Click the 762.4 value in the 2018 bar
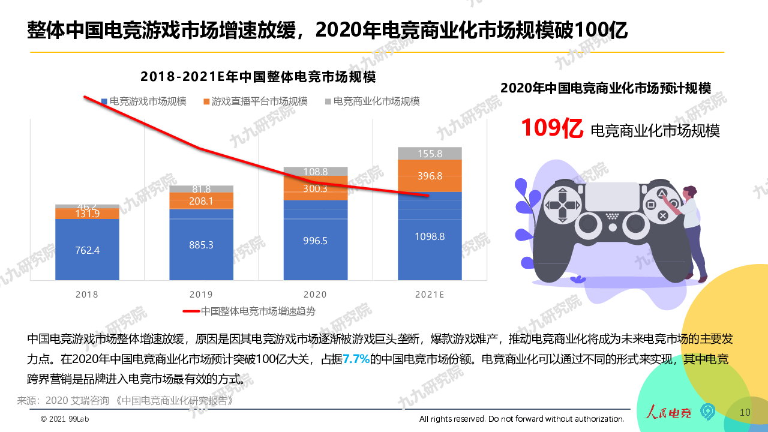point(87,250)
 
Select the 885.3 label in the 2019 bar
point(201,245)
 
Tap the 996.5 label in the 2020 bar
point(315,241)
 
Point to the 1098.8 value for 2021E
point(430,236)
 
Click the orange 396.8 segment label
point(430,176)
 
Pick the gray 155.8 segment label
point(430,154)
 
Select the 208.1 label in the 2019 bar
point(201,201)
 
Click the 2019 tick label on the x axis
point(201,295)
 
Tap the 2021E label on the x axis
point(430,295)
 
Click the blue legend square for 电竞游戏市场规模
point(104,102)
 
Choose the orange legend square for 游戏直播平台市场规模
point(207,102)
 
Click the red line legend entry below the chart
point(250,311)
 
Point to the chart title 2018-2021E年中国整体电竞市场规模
point(258,77)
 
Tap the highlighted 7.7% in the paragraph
point(356,359)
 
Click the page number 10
point(745,412)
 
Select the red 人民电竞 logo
point(668,412)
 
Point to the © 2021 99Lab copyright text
point(66,419)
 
